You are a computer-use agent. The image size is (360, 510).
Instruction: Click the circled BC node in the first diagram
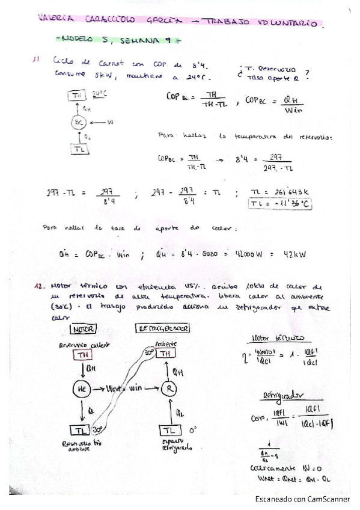click(78, 123)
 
